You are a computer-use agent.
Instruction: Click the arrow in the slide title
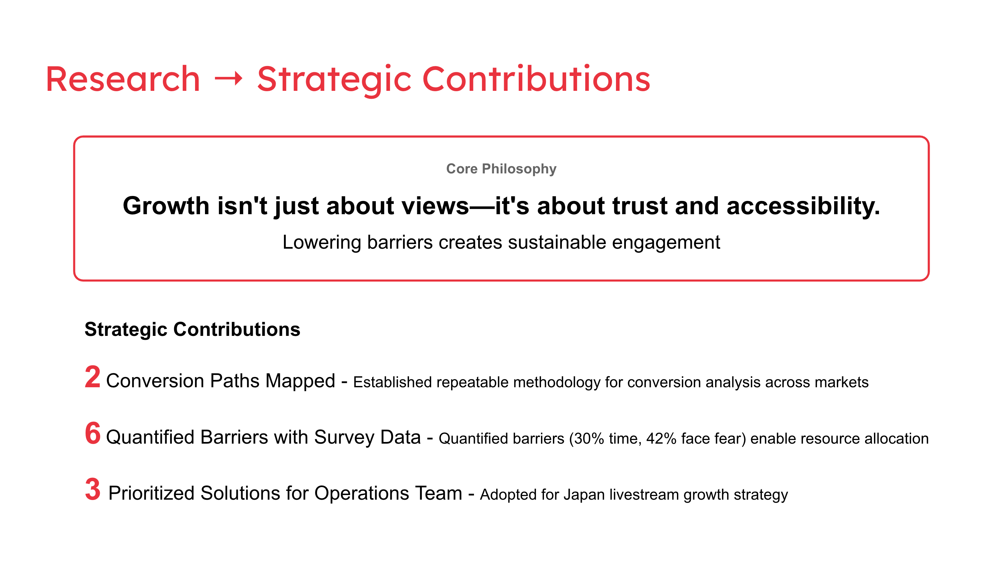coord(229,79)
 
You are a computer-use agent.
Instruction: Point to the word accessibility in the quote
coord(803,206)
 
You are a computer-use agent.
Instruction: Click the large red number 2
coord(93,377)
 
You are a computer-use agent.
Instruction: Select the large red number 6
coord(93,433)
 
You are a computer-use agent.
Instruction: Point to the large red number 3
coord(93,489)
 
